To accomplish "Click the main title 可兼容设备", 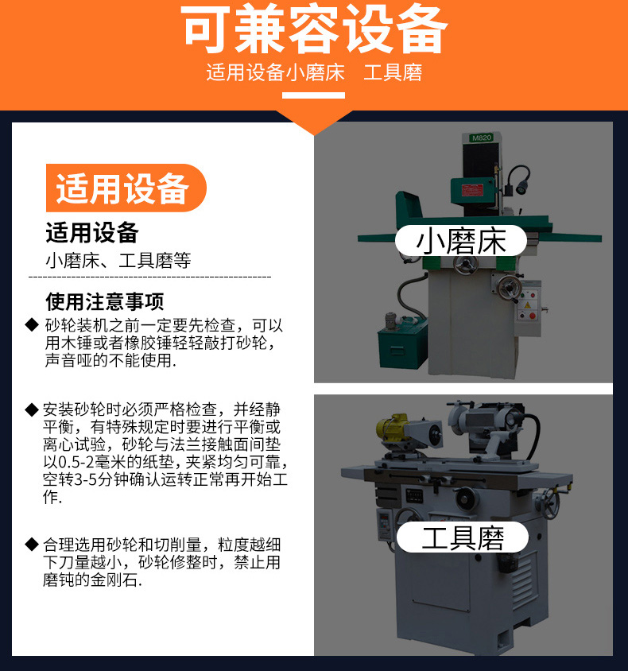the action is pyautogui.click(x=314, y=29).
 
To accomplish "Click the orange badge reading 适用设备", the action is pyautogui.click(x=126, y=188).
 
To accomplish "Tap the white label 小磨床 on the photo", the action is pyautogui.click(x=461, y=241).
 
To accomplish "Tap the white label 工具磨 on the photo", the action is pyautogui.click(x=463, y=537).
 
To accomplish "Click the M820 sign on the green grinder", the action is pyautogui.click(x=482, y=138).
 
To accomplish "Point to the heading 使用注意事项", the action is pyautogui.click(x=104, y=301).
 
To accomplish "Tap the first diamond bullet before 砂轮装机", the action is pyautogui.click(x=32, y=325).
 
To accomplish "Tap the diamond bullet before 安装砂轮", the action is pyautogui.click(x=32, y=409).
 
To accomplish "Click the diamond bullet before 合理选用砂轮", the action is pyautogui.click(x=32, y=545).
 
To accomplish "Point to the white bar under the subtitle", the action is pyautogui.click(x=313, y=95).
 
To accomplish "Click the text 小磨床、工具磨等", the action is pyautogui.click(x=118, y=261).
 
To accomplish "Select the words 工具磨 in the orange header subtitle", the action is pyautogui.click(x=393, y=72).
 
